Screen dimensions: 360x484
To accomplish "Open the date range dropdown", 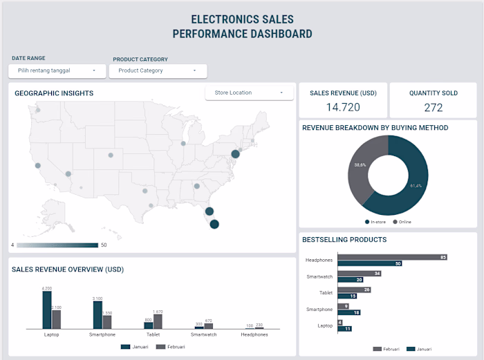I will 57,70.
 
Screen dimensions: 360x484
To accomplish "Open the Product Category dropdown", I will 158,70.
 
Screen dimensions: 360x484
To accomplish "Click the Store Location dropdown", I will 249,93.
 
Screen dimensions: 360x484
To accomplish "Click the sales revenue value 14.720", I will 343,107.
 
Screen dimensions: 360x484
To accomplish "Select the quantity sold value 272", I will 434,107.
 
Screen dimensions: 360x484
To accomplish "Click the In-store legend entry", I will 378,222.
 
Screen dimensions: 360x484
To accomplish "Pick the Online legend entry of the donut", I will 403,222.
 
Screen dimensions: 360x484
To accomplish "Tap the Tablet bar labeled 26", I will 354,290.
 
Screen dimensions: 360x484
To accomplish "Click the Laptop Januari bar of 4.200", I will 47,309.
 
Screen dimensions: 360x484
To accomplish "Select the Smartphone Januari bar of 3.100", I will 98,314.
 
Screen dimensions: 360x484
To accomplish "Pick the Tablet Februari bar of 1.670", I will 158,321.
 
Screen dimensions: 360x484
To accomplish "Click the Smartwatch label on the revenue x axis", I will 203,334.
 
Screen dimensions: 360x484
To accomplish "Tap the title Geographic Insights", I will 54,93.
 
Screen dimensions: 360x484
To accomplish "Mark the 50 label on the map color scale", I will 104,245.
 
